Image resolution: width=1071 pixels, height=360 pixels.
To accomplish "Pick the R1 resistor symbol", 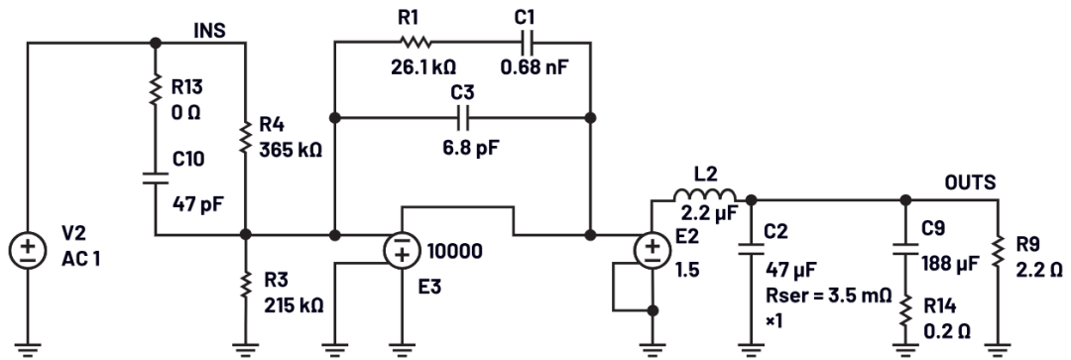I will tap(416, 43).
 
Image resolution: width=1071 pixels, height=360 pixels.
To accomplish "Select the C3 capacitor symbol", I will tap(462, 117).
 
